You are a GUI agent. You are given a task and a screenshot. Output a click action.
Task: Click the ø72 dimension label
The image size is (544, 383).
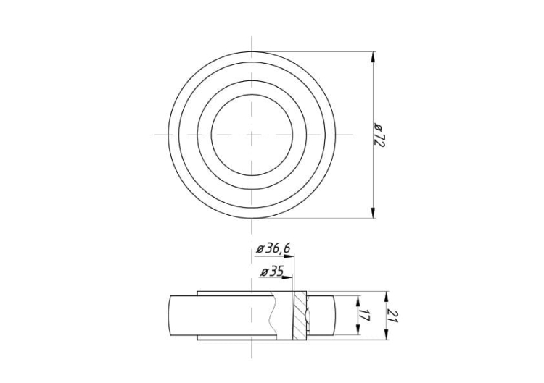click(x=379, y=135)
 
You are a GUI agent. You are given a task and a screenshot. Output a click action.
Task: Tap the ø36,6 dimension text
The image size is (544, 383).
click(x=273, y=249)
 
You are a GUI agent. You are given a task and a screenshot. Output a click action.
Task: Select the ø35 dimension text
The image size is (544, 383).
click(x=273, y=272)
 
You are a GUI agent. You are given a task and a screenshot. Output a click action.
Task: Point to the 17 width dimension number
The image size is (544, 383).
click(x=363, y=315)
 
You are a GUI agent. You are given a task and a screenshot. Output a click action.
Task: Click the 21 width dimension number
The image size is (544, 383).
click(x=392, y=316)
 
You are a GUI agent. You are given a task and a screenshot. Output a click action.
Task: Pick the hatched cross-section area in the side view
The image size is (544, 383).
click(x=300, y=315)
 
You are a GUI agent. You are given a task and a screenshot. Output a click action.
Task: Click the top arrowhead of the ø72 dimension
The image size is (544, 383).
click(x=374, y=56)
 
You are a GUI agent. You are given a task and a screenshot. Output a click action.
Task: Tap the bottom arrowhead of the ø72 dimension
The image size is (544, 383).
click(x=374, y=213)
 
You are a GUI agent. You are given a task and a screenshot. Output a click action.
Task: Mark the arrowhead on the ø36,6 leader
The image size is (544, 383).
click(x=289, y=256)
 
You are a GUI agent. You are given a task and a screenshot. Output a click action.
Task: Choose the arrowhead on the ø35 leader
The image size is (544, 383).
click(x=287, y=277)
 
